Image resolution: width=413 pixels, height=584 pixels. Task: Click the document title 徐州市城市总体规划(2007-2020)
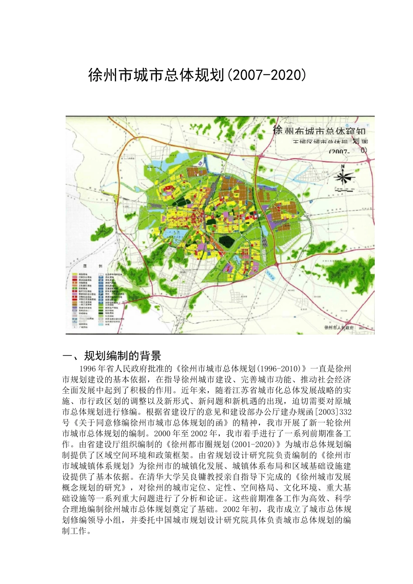(x=197, y=75)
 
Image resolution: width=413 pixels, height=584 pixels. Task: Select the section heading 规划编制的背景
(x=123, y=356)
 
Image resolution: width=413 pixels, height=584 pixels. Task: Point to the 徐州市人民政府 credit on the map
(x=339, y=328)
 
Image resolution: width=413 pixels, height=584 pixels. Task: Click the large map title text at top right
(x=320, y=130)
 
